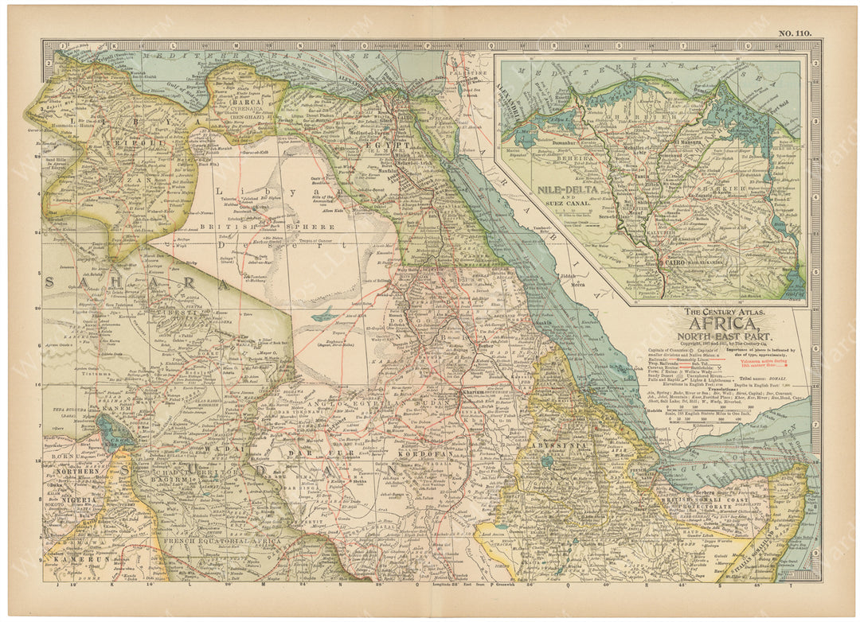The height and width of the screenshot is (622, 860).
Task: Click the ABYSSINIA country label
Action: point(561,446)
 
